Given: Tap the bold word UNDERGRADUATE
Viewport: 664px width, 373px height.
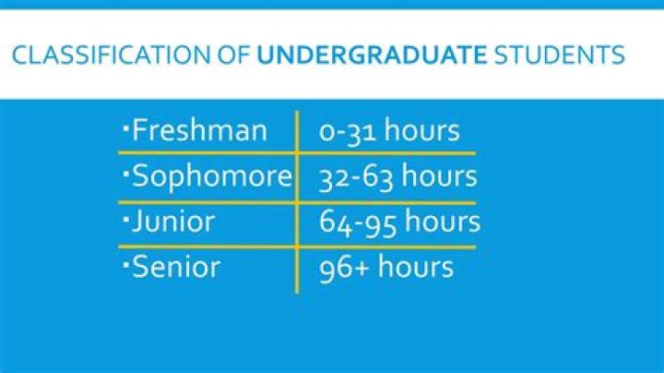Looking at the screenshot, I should [x=371, y=57].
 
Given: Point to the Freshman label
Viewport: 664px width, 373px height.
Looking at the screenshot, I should [x=199, y=130].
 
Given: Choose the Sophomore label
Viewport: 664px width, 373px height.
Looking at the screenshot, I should [x=211, y=176].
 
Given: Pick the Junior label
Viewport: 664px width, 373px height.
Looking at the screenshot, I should [x=173, y=222].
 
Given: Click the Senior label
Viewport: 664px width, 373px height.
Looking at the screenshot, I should [x=176, y=268].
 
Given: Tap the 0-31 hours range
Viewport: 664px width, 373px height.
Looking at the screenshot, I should [x=389, y=131].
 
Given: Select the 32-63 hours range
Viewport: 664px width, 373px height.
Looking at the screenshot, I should [x=397, y=176].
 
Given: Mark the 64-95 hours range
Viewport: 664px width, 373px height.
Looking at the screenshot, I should [x=399, y=222].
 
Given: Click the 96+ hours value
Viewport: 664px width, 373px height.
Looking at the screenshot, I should [x=386, y=268].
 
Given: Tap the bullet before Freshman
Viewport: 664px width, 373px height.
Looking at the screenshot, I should [x=125, y=125].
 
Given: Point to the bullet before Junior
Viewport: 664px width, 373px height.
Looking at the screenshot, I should [x=125, y=216].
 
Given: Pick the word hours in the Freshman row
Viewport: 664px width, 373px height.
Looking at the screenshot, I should [x=422, y=131].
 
